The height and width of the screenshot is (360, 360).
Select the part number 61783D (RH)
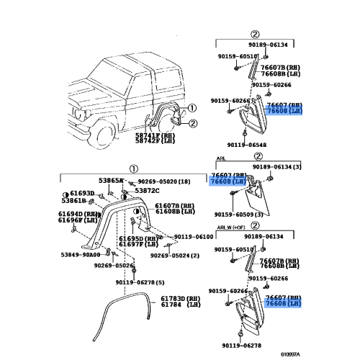(x=180, y=299)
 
